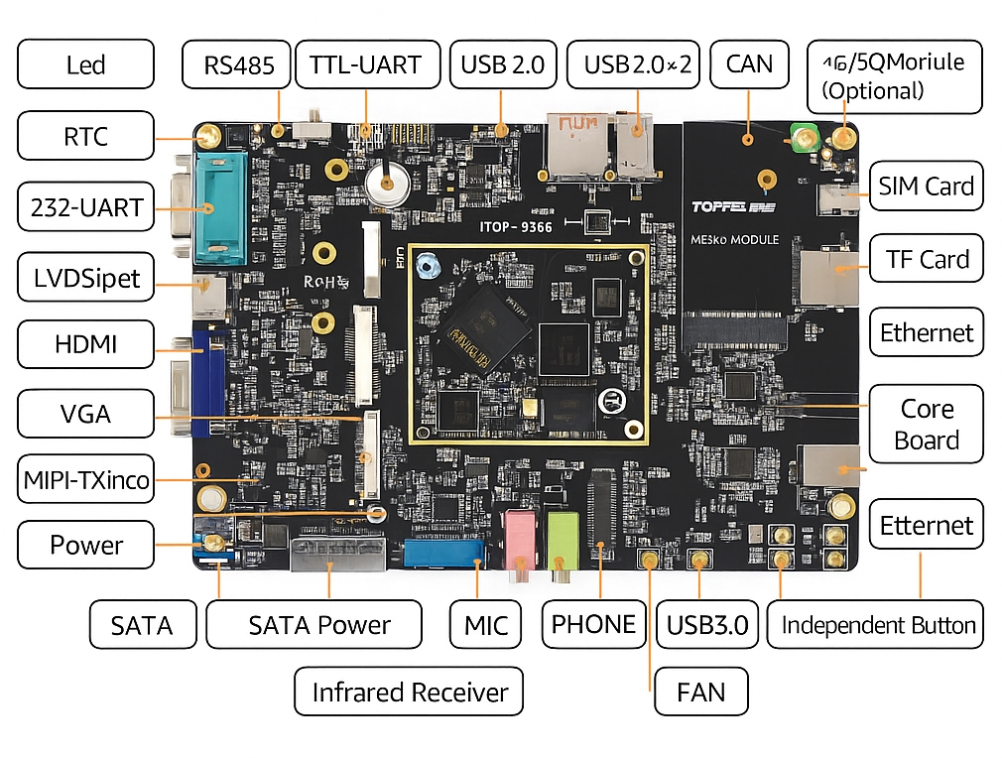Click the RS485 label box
click(x=236, y=65)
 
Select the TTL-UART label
click(x=365, y=65)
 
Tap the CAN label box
click(x=749, y=64)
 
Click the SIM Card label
click(x=926, y=186)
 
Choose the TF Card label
click(x=927, y=259)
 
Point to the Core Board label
click(x=927, y=425)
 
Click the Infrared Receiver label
click(x=409, y=692)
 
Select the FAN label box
click(x=700, y=692)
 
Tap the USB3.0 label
click(x=707, y=625)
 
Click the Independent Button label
click(x=877, y=625)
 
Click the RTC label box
click(x=85, y=136)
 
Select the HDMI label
click(x=85, y=344)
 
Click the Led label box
click(x=85, y=65)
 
